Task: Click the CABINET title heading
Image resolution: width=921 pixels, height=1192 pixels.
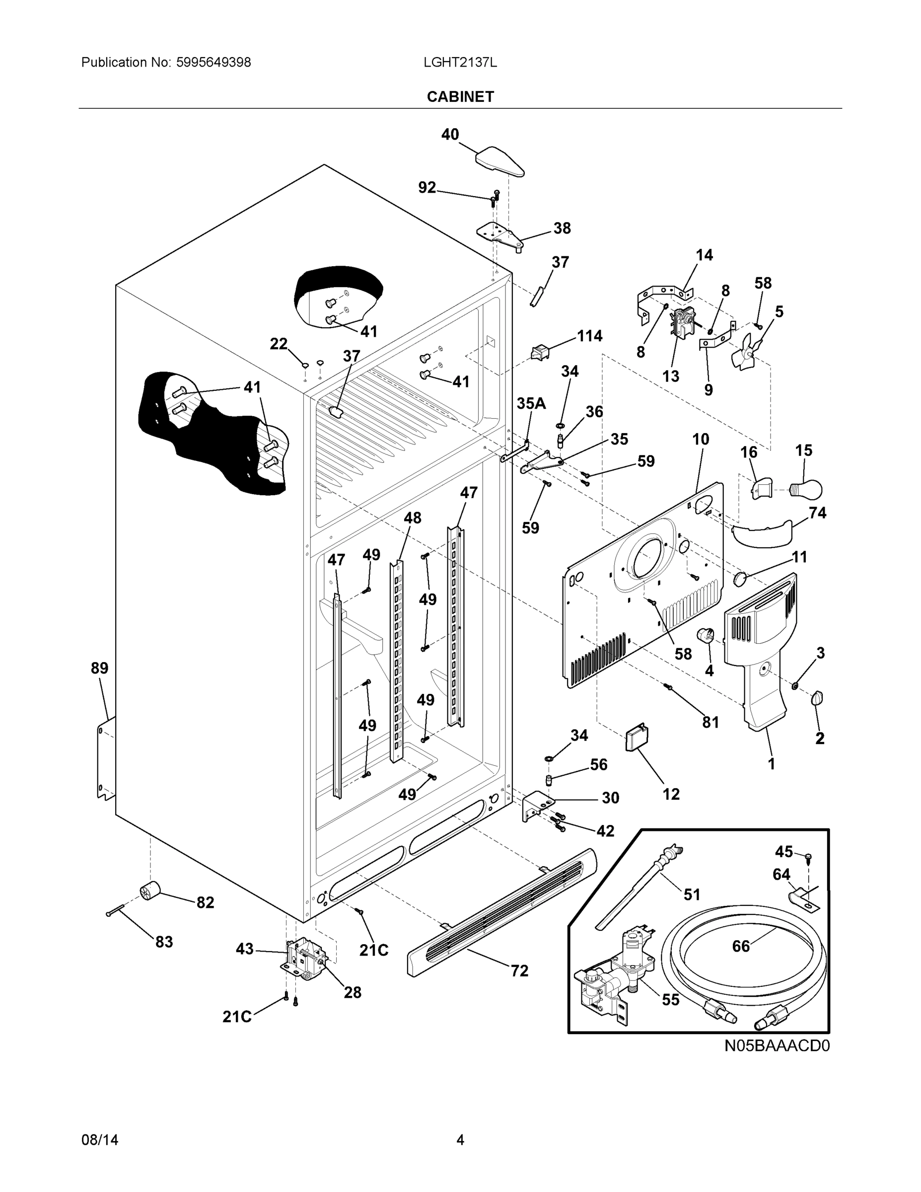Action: pyautogui.click(x=460, y=97)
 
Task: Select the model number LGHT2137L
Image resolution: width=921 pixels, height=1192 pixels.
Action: pyautogui.click(x=460, y=62)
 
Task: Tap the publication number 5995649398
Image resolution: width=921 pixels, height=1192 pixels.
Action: pyautogui.click(x=213, y=62)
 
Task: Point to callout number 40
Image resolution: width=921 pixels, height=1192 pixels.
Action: pyautogui.click(x=450, y=134)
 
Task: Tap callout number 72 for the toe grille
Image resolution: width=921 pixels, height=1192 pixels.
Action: pyautogui.click(x=519, y=971)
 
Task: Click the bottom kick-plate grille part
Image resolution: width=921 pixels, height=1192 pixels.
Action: pyautogui.click(x=502, y=911)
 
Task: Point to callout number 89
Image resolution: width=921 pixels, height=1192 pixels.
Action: pyautogui.click(x=99, y=668)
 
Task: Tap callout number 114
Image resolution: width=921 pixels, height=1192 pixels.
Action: pyautogui.click(x=590, y=336)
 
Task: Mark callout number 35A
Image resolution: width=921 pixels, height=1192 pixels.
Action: pyautogui.click(x=531, y=403)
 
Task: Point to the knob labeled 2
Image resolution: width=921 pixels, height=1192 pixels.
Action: pyautogui.click(x=817, y=697)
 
